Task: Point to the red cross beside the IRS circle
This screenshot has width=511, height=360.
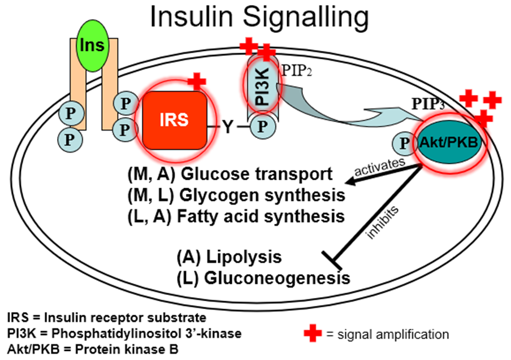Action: point(196,80)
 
